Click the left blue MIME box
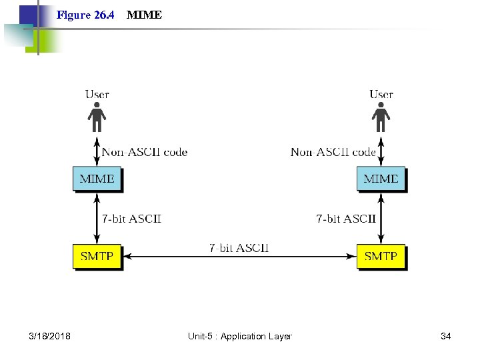coord(97,179)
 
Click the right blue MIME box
coord(381,179)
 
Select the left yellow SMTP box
coord(97,256)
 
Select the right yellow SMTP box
coord(381,256)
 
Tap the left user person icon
coord(97,117)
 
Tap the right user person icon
coord(381,117)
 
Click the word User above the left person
coord(97,94)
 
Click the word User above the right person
coord(381,94)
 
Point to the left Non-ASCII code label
coord(145,152)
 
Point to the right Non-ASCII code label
coord(333,152)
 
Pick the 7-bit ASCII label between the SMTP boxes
coord(239,247)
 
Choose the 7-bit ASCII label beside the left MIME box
coord(131,218)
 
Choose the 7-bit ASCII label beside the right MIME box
coord(345,218)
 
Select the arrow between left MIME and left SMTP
coord(97,218)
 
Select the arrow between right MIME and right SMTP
coord(381,218)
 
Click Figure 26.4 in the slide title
coord(85,15)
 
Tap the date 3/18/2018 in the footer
coord(50,336)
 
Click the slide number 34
coord(446,336)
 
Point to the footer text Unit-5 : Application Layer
coord(239,336)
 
